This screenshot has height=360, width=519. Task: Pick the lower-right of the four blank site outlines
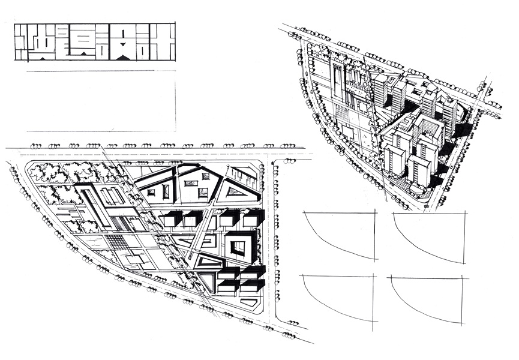tap(429, 300)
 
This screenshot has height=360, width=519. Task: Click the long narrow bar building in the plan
tap(95, 207)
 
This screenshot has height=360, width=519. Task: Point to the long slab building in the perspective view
tap(338, 84)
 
